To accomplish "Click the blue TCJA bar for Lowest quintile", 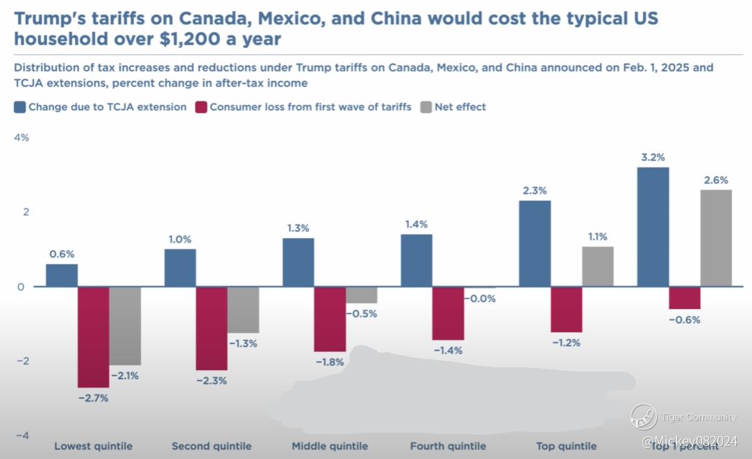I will (62, 275).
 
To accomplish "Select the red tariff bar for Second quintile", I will (212, 328).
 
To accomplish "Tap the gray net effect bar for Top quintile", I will (598, 267).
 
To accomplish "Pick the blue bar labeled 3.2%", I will (653, 226).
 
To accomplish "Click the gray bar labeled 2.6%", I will (716, 237).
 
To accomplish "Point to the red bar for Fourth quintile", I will (448, 313).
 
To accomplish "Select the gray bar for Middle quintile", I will (362, 295).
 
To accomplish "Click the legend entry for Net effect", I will (460, 107).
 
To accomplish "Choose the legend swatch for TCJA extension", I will (19, 107).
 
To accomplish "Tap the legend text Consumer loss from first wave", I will (310, 107).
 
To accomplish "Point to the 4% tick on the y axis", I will (22, 137).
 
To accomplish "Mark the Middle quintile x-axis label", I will (330, 446).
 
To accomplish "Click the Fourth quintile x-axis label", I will (448, 446).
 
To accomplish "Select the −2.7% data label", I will (94, 398).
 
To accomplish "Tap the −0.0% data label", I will (481, 299).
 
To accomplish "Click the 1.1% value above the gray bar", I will (598, 235).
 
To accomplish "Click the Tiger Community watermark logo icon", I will (644, 417).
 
